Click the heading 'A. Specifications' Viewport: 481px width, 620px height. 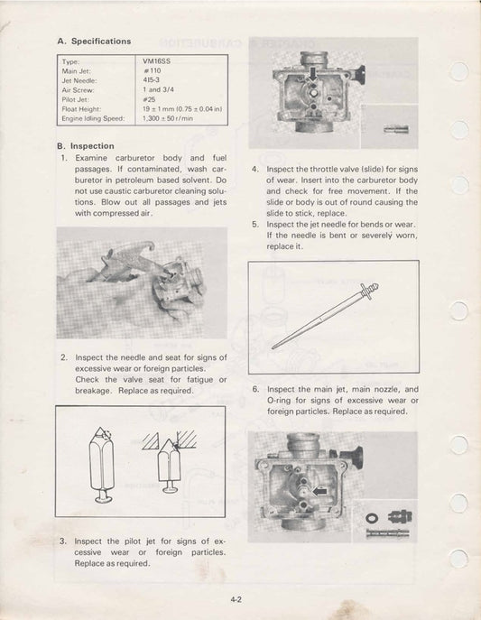point(94,41)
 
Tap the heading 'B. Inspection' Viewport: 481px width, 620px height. point(86,145)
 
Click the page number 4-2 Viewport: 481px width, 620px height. point(240,597)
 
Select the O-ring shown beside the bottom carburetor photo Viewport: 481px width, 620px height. point(373,517)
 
